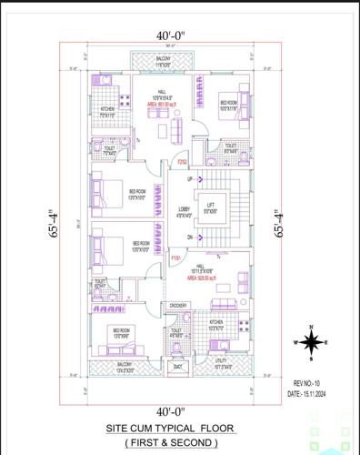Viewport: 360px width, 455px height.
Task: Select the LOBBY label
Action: tap(185, 211)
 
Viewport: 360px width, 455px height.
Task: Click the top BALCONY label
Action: tap(163, 61)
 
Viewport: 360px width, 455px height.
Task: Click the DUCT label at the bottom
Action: tap(178, 367)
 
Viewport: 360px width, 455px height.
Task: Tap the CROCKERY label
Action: tap(177, 306)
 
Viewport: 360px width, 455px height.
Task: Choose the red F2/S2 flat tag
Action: tap(182, 162)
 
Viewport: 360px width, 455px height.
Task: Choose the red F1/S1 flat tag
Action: tap(175, 258)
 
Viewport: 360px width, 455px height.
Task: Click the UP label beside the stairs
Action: tap(189, 179)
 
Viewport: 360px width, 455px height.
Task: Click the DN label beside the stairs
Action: tap(189, 237)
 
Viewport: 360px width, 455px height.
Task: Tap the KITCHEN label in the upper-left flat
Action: tap(107, 111)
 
